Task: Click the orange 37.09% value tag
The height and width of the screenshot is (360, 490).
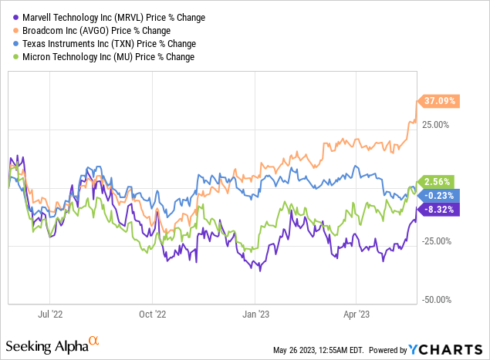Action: [438, 100]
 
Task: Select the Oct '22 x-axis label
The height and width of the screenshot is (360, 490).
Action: [152, 315]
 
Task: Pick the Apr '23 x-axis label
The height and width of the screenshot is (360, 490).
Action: [356, 315]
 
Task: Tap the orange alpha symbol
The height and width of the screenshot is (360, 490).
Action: [94, 340]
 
